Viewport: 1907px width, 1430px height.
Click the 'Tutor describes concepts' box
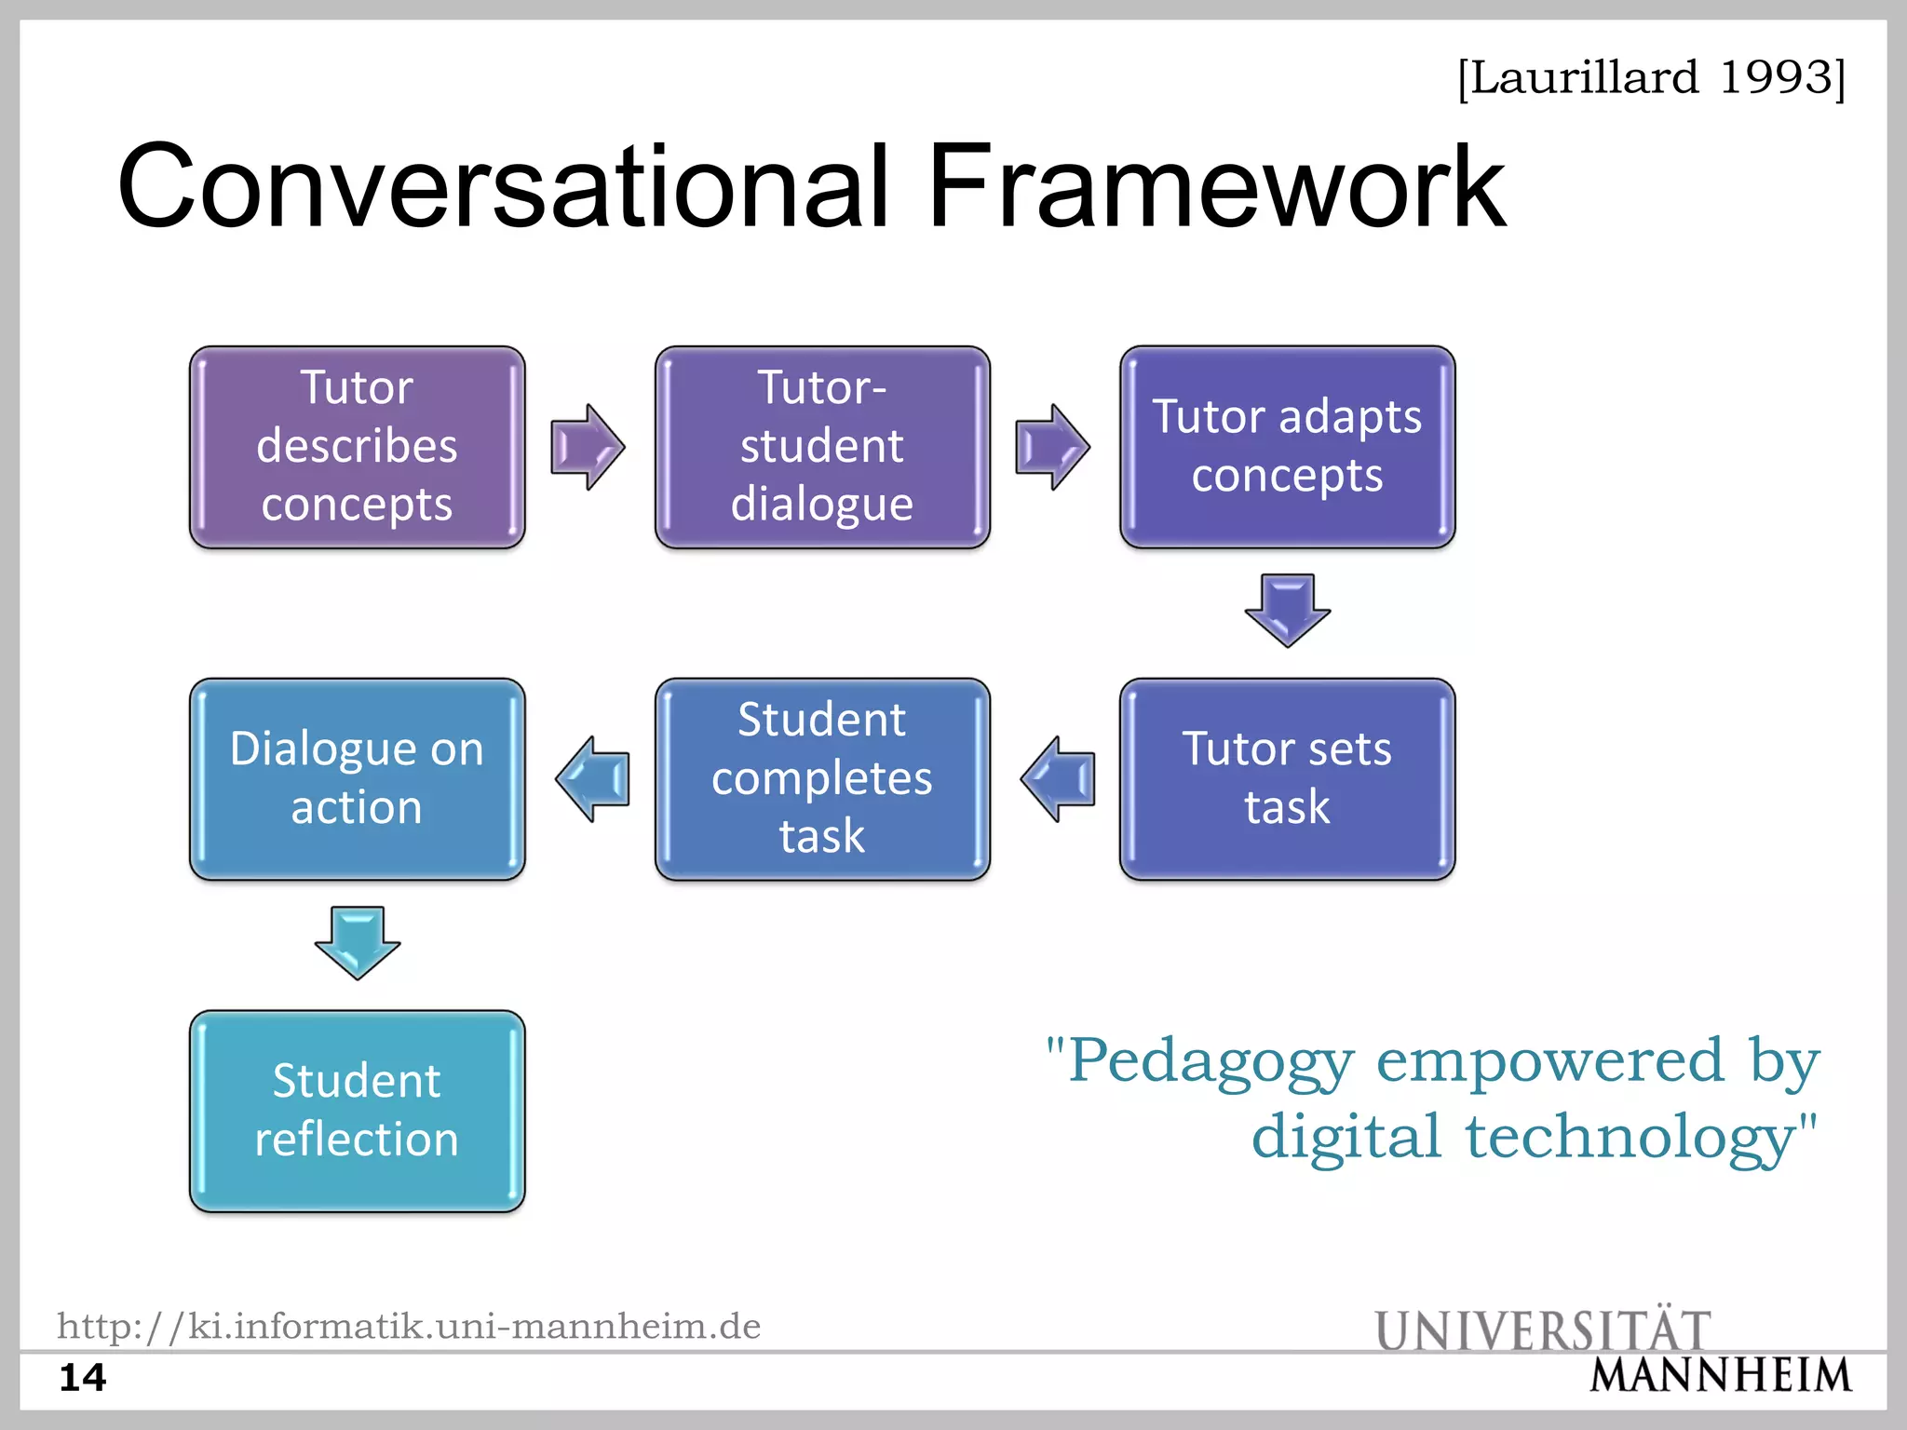(357, 447)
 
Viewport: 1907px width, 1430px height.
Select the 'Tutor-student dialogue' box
(822, 447)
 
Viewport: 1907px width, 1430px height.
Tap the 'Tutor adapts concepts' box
(1287, 447)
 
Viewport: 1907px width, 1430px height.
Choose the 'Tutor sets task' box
(1287, 778)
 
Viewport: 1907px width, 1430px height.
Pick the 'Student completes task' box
(822, 778)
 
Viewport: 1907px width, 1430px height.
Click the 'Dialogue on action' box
(357, 778)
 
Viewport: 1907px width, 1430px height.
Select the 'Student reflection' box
(357, 1111)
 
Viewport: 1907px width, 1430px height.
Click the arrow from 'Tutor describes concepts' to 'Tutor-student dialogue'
(588, 447)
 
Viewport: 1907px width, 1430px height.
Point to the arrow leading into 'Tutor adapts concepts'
(1052, 447)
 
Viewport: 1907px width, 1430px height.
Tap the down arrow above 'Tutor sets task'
(1288, 610)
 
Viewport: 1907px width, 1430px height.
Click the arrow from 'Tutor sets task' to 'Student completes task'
(1058, 778)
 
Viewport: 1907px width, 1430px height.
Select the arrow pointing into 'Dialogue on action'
(593, 778)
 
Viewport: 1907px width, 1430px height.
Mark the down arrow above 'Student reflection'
(358, 942)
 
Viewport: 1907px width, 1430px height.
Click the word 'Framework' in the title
(1216, 186)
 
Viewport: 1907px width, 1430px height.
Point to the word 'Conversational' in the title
(503, 186)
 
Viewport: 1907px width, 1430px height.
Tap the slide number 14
(83, 1377)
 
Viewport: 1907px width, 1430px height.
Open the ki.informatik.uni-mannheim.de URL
(409, 1326)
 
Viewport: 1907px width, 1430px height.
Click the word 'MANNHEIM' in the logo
(1721, 1376)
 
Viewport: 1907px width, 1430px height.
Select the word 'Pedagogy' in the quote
(1210, 1061)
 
